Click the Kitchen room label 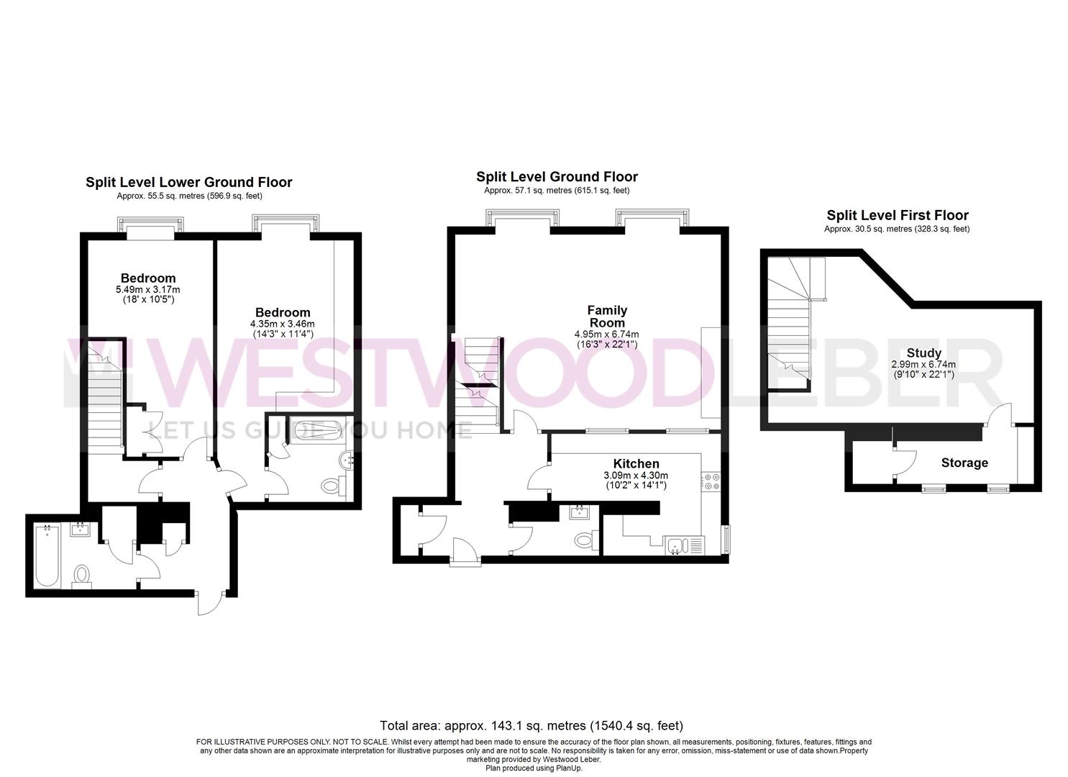pos(636,463)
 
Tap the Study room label pos(923,353)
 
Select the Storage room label pos(964,463)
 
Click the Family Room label pos(606,317)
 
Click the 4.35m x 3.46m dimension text pos(283,324)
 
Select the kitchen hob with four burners pos(710,481)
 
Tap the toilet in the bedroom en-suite pos(332,486)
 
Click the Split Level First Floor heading pos(897,215)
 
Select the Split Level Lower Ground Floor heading pos(188,182)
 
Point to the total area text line pos(531,725)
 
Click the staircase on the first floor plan pos(790,324)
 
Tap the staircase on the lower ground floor pos(106,403)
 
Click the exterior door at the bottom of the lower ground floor pos(213,603)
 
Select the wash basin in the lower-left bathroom pos(79,531)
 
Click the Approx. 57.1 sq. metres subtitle pos(556,191)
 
